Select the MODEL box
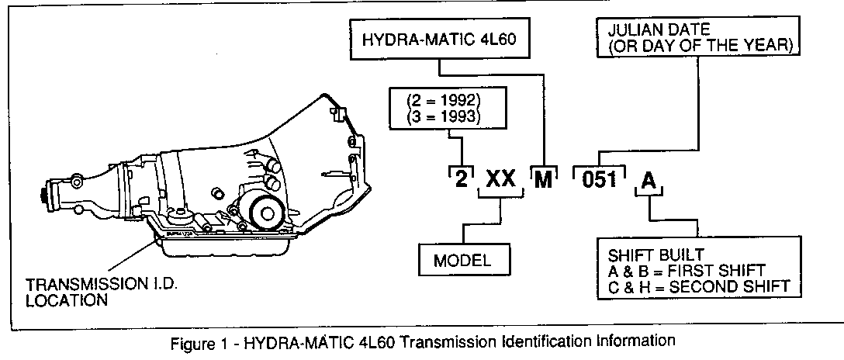462,260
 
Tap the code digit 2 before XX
462,180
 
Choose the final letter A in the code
649,181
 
